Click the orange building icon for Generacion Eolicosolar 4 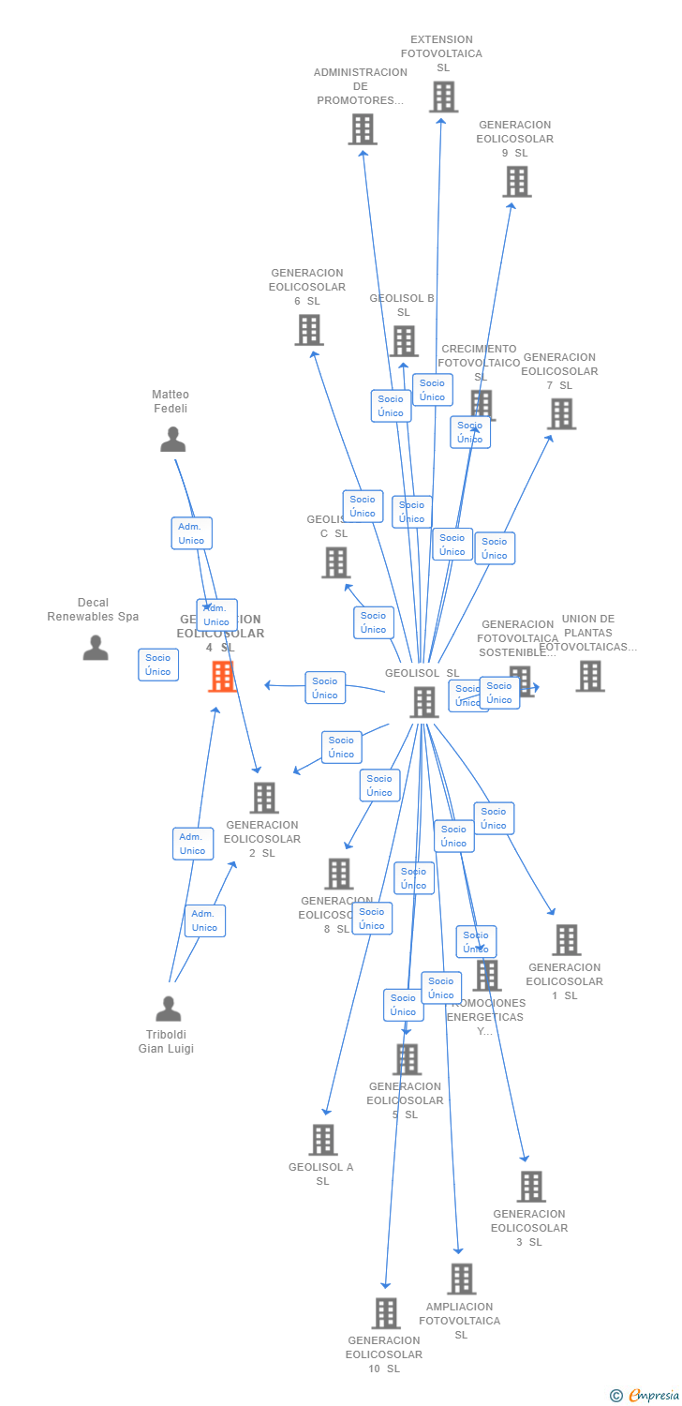pos(222,676)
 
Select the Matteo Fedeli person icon pos(172,439)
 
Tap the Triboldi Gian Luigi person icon pos(169,1009)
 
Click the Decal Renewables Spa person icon pos(96,648)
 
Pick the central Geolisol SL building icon pos(424,702)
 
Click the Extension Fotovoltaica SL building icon pos(443,97)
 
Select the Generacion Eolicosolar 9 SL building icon pos(517,182)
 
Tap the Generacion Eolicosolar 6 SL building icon pos(309,330)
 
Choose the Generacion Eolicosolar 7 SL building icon pos(561,413)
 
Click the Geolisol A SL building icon pos(323,1140)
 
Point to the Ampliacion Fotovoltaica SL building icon pos(461,1279)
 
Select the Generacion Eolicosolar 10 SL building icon pos(385,1313)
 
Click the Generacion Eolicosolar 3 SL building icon pos(531,1187)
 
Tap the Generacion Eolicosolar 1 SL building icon pos(566,940)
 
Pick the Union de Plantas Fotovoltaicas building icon pos(589,676)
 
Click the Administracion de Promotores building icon pos(363,129)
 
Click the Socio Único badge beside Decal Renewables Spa pos(158,665)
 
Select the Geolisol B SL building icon pos(404,341)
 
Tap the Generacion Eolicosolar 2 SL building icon pos(264,798)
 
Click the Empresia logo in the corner pos(645,1396)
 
